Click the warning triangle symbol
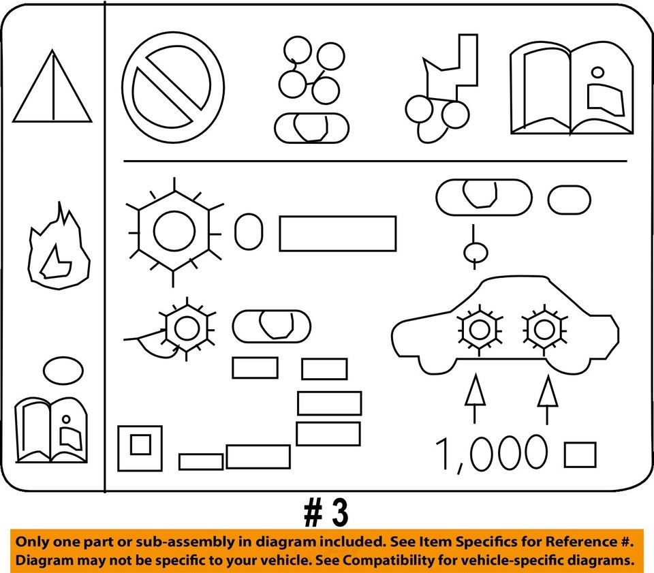pyautogui.click(x=52, y=89)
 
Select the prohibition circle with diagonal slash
pyautogui.click(x=173, y=87)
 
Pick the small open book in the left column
pyautogui.click(x=52, y=430)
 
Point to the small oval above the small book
pyautogui.click(x=63, y=369)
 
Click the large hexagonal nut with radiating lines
pyautogui.click(x=174, y=230)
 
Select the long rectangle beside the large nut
pyautogui.click(x=337, y=234)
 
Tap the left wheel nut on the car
pyautogui.click(x=480, y=329)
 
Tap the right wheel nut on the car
pyautogui.click(x=543, y=329)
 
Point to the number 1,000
pyautogui.click(x=491, y=454)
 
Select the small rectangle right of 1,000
pyautogui.click(x=580, y=454)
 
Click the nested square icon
pyautogui.click(x=140, y=448)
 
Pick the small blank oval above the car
pyautogui.click(x=569, y=199)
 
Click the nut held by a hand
pyautogui.click(x=183, y=328)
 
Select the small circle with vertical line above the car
pyautogui.click(x=476, y=253)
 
